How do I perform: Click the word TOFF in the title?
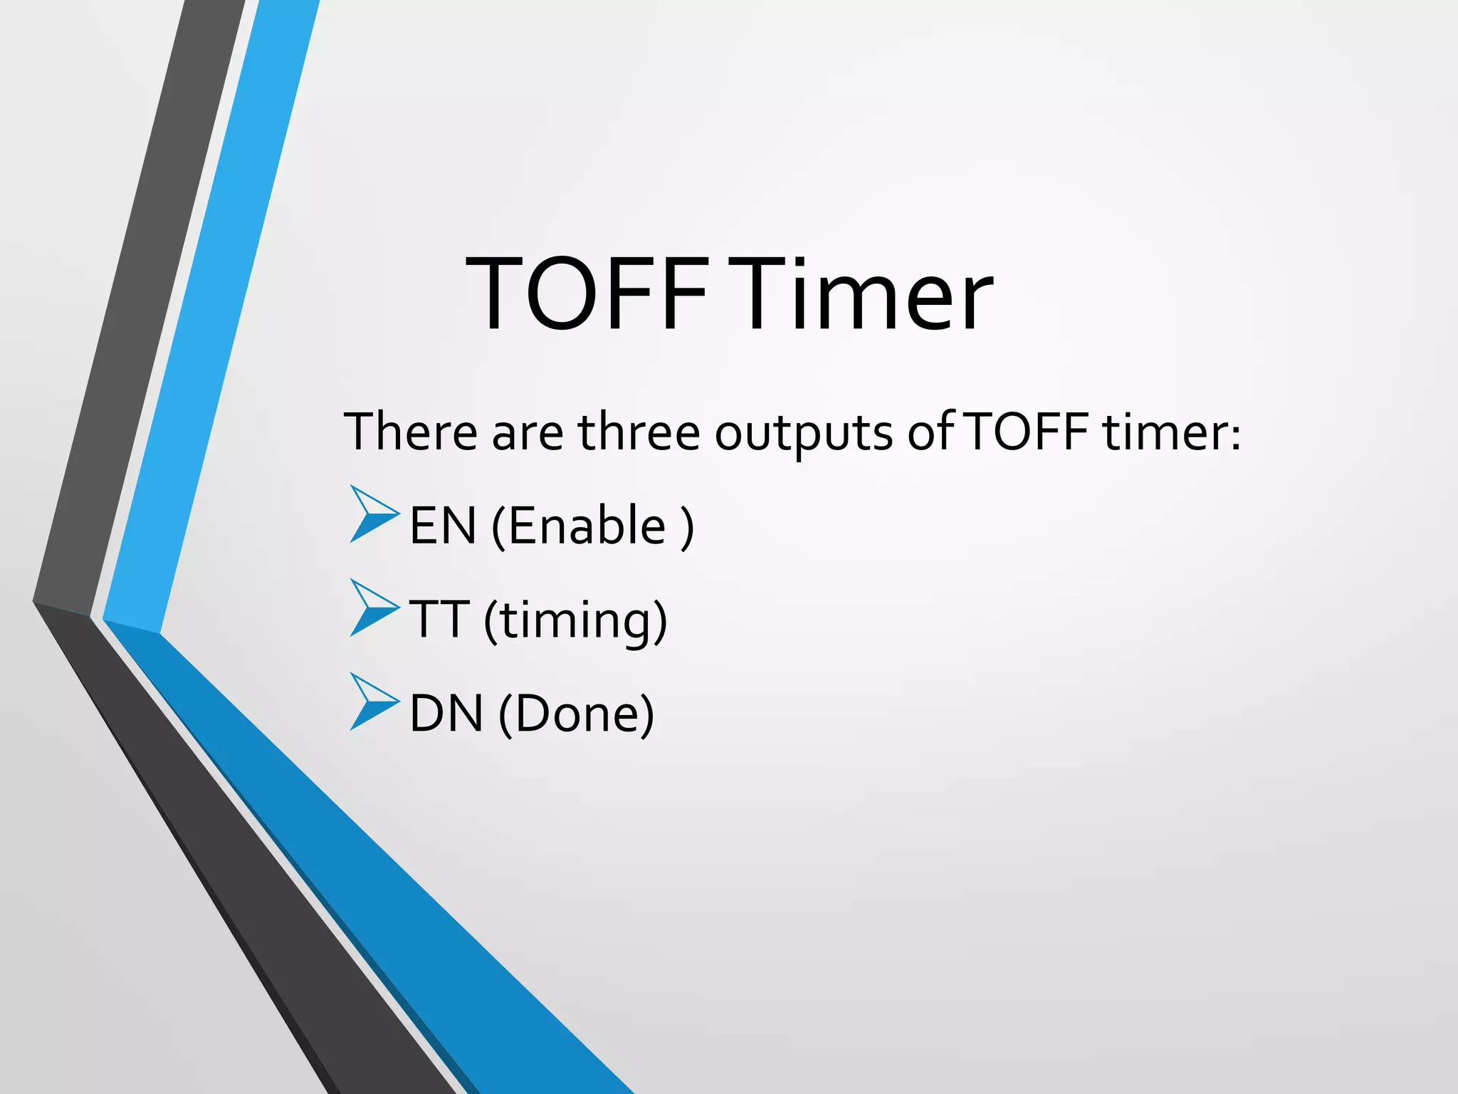[587, 293]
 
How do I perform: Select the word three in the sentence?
[639, 432]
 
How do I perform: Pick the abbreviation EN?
[443, 526]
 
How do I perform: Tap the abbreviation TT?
[439, 619]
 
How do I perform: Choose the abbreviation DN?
[446, 713]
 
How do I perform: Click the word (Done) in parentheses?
[576, 714]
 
